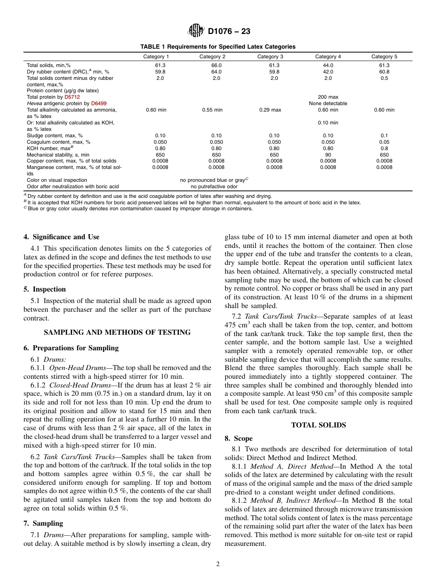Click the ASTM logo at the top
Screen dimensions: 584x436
pos(196,31)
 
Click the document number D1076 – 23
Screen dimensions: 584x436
pos(229,32)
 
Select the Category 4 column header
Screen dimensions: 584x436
pos(328,56)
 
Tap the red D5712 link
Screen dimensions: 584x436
pos(72,97)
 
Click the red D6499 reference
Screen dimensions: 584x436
pos(99,104)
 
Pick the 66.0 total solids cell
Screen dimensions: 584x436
pos(216,66)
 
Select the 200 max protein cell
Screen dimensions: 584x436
pos(328,97)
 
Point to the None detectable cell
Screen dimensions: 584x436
pos(328,104)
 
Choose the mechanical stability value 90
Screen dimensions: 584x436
pos(328,155)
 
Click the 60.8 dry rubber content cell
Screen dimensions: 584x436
pos(384,72)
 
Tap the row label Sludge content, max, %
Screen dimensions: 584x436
pos(55,136)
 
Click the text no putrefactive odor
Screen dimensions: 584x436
pos(214,187)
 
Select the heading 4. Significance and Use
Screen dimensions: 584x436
pos(61,237)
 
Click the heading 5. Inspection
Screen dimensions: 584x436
pos(45,289)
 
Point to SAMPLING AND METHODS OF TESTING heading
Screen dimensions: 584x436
pos(117,332)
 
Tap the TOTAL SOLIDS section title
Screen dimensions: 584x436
pos(319,425)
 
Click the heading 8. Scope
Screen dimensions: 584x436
pos(239,438)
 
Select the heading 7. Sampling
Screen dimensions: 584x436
pos(43,523)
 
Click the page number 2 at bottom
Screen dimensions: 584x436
pos(218,564)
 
